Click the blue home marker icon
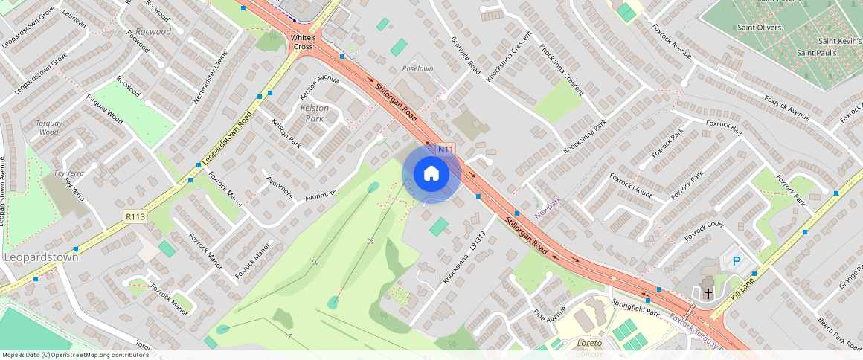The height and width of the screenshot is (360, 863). click(x=431, y=174)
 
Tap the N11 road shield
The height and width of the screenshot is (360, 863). click(x=446, y=150)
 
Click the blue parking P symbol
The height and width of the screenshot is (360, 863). click(x=737, y=261)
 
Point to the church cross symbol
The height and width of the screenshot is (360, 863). click(x=708, y=293)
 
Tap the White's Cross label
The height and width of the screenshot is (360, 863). click(x=304, y=42)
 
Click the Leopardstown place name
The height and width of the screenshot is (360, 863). click(x=42, y=257)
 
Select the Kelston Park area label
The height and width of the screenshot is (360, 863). click(x=314, y=113)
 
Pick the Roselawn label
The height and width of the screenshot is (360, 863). click(x=417, y=68)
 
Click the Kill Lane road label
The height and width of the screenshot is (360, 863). click(x=746, y=286)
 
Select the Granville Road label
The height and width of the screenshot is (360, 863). click(x=466, y=57)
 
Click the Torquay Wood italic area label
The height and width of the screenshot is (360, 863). click(x=48, y=127)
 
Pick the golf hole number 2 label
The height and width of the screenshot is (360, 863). click(x=315, y=262)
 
